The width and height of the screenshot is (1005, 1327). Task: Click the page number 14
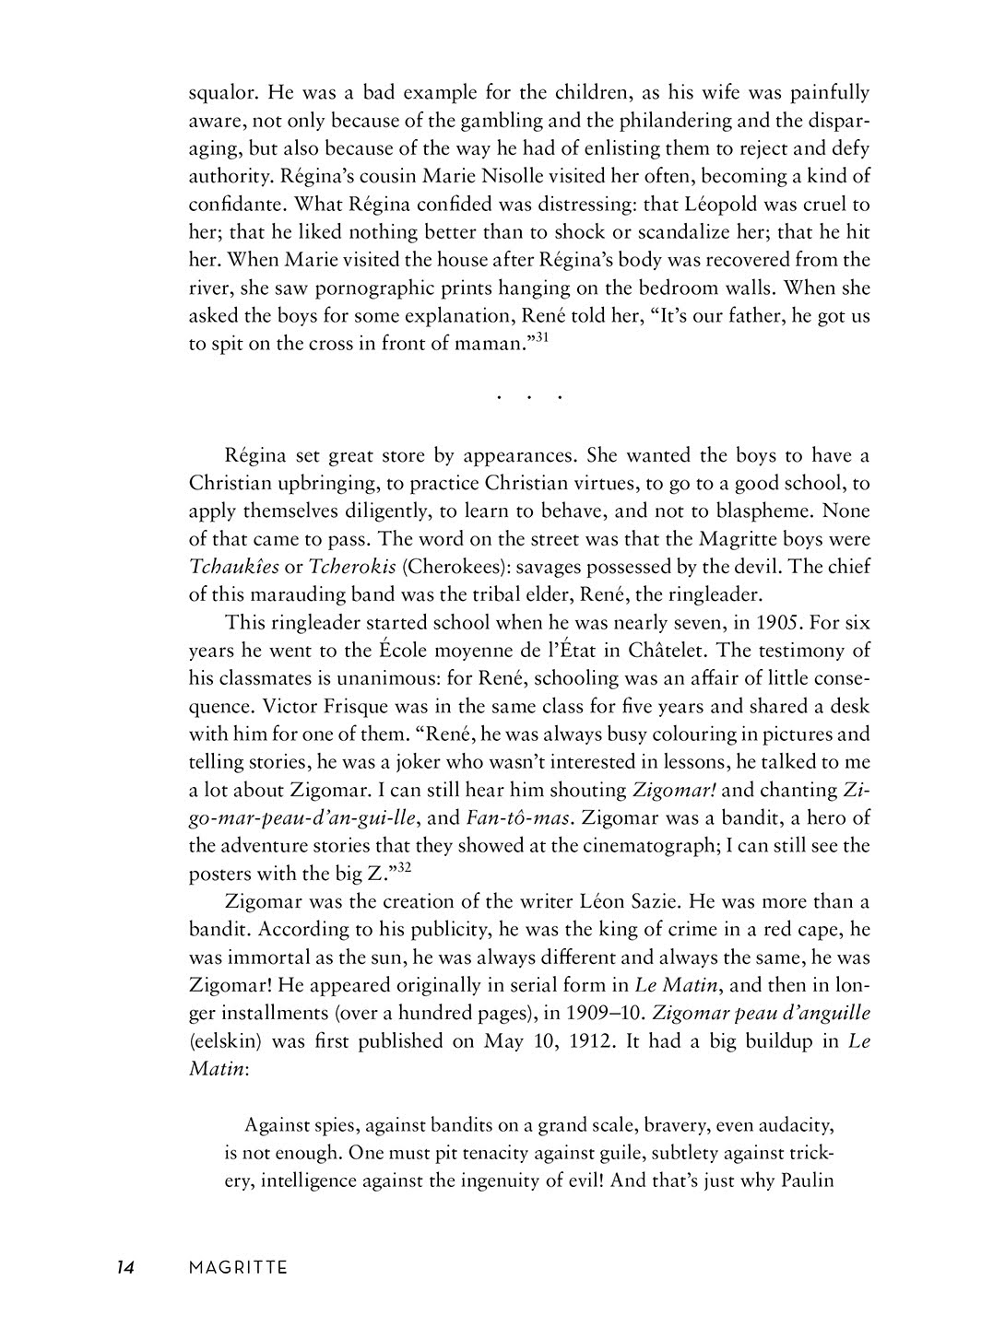125,1268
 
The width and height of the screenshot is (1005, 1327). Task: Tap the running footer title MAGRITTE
238,1268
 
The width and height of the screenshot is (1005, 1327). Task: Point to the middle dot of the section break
529,398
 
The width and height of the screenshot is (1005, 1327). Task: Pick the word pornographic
349,288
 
